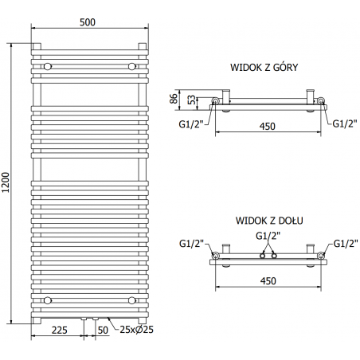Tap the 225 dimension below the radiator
[x=58, y=328]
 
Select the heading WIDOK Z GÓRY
[x=264, y=68]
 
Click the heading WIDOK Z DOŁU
[x=264, y=218]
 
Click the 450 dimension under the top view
[x=268, y=126]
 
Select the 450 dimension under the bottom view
[x=268, y=280]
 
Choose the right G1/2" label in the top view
[x=344, y=123]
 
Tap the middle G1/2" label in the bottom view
[x=267, y=236]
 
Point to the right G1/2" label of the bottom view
[x=344, y=243]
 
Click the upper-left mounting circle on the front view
[x=49, y=65]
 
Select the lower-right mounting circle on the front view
[x=131, y=300]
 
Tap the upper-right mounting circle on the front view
[x=131, y=65]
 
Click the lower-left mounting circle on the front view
[x=49, y=300]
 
